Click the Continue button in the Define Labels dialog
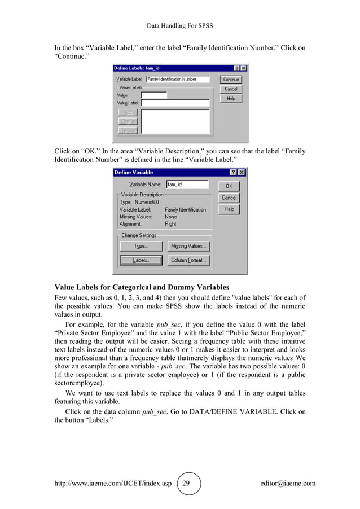pos(231,80)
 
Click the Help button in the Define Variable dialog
pos(229,209)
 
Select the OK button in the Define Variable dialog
pos(229,186)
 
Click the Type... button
pos(141,246)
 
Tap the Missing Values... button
pos(189,246)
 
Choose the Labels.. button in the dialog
pos(141,260)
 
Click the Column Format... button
pos(189,260)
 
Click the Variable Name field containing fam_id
pos(187,185)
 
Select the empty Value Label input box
pos(175,103)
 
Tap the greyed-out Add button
pos(128,112)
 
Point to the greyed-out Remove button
pos(128,130)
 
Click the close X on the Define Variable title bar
pos(242,173)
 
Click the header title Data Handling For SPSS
pos(179,26)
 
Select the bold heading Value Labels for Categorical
pos(141,286)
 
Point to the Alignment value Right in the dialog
pos(170,223)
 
